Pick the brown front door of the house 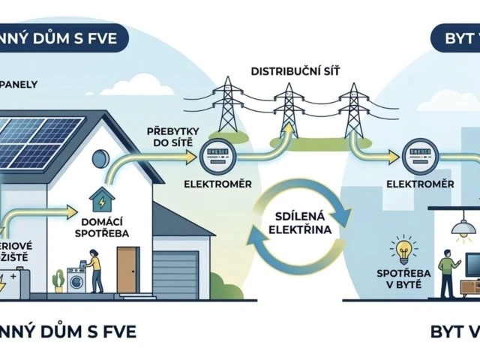[x=127, y=269]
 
